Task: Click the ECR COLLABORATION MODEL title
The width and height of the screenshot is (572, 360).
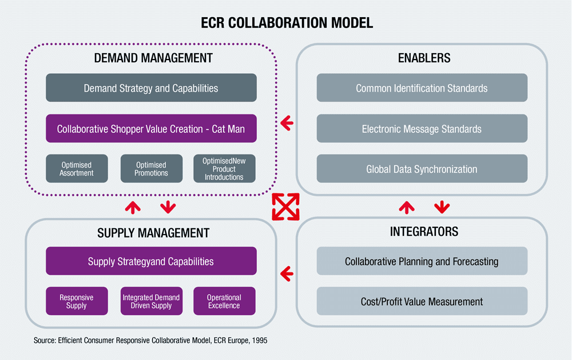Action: click(x=287, y=23)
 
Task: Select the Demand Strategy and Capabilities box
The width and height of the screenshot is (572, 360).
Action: click(x=151, y=88)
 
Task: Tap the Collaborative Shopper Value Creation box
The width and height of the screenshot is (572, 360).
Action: click(x=151, y=129)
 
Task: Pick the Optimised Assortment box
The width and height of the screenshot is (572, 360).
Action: click(x=77, y=169)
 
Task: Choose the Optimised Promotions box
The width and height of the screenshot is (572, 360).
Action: click(x=152, y=169)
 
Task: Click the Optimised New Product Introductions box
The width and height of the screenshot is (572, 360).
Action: click(x=224, y=169)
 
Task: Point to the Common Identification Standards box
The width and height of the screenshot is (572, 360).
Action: click(x=422, y=88)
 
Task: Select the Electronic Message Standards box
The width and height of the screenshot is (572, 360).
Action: click(x=422, y=129)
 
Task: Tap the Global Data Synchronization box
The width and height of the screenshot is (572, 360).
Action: click(x=422, y=169)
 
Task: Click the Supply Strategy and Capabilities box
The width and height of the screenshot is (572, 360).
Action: click(x=151, y=261)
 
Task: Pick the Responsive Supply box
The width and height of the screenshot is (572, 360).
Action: click(x=77, y=301)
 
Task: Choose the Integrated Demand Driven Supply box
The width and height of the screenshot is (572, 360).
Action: click(x=152, y=301)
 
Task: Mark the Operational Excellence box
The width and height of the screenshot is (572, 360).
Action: click(x=224, y=301)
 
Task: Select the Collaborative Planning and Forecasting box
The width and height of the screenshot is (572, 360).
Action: click(x=422, y=261)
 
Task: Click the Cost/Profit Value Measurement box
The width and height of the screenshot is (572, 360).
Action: click(x=422, y=301)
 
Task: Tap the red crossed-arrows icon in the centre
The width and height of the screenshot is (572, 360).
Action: click(x=285, y=207)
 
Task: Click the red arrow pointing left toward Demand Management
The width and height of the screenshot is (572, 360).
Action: click(x=287, y=124)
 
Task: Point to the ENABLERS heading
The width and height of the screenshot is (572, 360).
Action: click(x=424, y=58)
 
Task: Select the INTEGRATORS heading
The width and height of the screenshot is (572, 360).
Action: click(x=424, y=231)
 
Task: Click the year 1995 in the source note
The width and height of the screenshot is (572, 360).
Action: click(x=259, y=341)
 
